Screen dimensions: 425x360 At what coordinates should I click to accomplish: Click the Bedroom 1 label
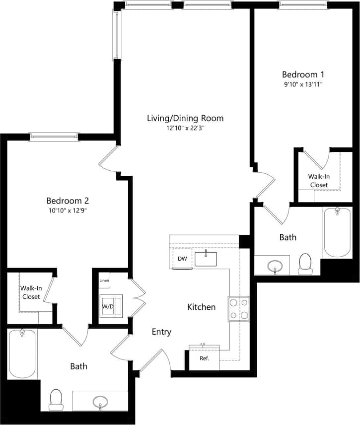pyautogui.click(x=303, y=74)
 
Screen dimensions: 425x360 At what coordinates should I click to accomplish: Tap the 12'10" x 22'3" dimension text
pyautogui.click(x=185, y=128)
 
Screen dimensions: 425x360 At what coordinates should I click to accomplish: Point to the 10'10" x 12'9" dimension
pyautogui.click(x=68, y=211)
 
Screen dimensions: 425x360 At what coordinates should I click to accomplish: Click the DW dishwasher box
pyautogui.click(x=182, y=259)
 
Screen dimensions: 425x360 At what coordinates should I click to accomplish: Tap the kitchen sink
pyautogui.click(x=206, y=259)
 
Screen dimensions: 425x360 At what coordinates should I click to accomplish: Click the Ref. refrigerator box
pyautogui.click(x=204, y=358)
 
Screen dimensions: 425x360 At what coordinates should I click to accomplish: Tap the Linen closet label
pyautogui.click(x=104, y=281)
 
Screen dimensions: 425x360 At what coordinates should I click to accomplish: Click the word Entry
pyautogui.click(x=161, y=332)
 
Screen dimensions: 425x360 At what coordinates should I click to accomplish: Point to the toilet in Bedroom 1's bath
pyautogui.click(x=305, y=263)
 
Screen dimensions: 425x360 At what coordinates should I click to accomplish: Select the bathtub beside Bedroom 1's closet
pyautogui.click(x=337, y=232)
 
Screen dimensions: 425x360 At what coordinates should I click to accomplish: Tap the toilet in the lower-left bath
pyautogui.click(x=56, y=398)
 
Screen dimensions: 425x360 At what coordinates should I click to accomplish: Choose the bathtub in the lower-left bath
pyautogui.click(x=22, y=354)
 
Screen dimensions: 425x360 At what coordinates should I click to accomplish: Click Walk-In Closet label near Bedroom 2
pyautogui.click(x=30, y=292)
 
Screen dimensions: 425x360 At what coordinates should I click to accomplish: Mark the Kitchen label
pyautogui.click(x=201, y=307)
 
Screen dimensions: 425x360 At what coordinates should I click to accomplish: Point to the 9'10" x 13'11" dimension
pyautogui.click(x=303, y=84)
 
